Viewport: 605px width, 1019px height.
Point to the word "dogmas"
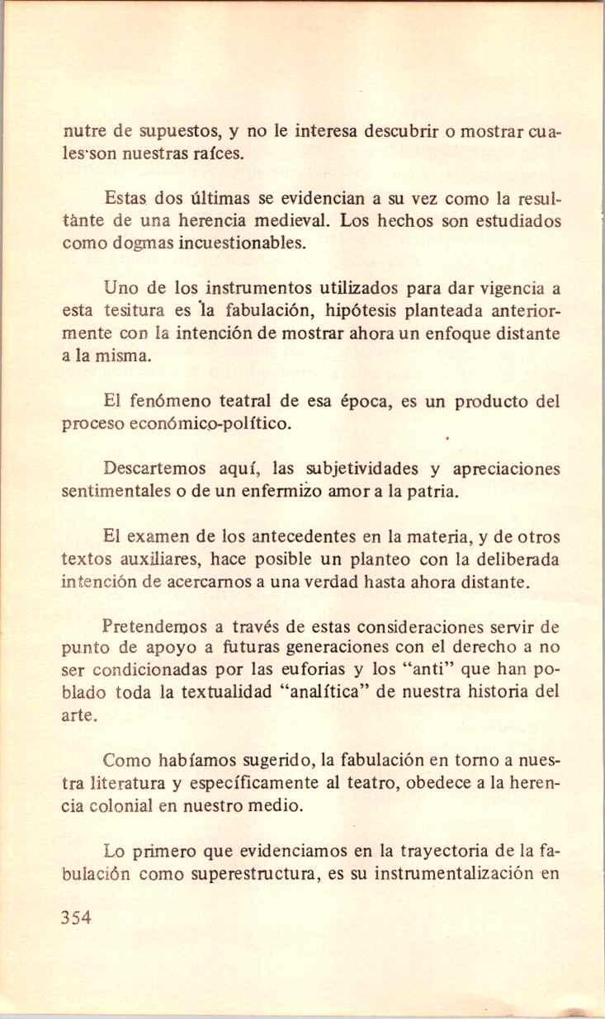(x=148, y=243)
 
